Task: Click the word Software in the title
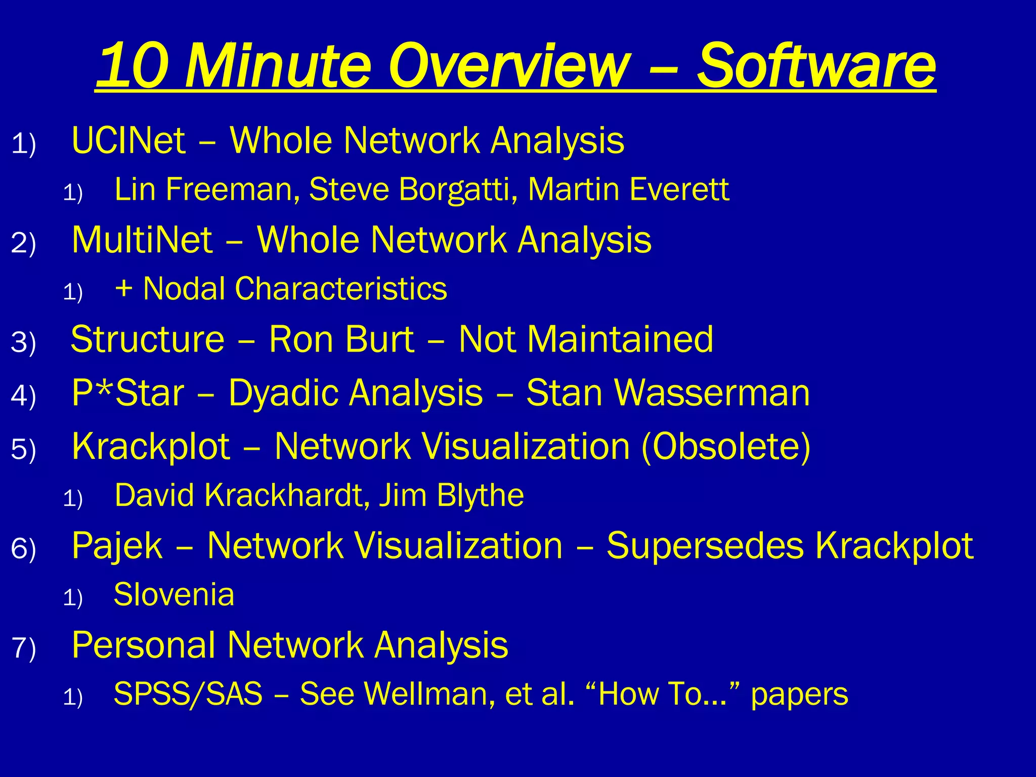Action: coord(816,66)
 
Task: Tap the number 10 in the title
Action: coord(132,66)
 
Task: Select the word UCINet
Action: coord(128,140)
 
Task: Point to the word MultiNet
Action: coord(142,240)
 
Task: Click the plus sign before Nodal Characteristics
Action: coord(123,289)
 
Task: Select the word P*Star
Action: coord(128,393)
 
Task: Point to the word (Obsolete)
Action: coord(725,447)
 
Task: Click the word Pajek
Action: coord(117,546)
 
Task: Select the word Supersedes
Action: coord(705,546)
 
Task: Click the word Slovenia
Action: coord(174,594)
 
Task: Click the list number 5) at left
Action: coord(23,449)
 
